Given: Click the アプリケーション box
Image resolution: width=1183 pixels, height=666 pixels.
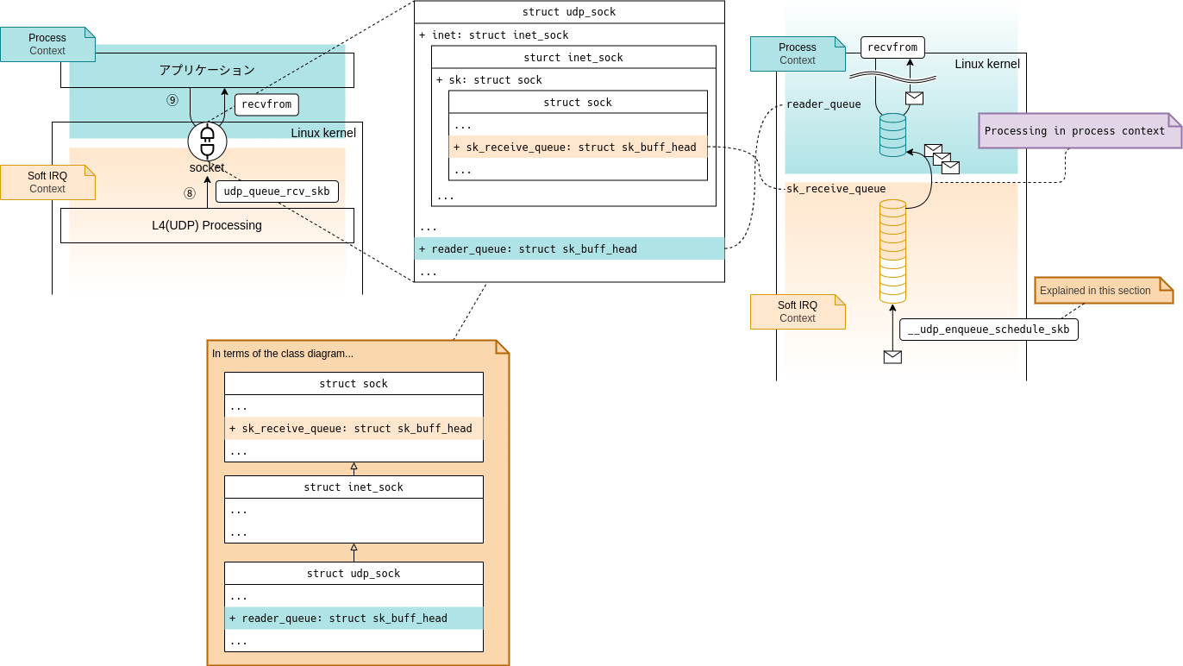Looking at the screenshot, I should click(x=207, y=70).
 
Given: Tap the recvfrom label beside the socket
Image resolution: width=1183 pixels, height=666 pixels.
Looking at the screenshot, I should click(x=266, y=105).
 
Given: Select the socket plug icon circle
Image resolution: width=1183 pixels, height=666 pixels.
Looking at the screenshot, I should click(x=207, y=141).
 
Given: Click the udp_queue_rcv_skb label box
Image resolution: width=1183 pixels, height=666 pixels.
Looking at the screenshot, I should click(x=277, y=192).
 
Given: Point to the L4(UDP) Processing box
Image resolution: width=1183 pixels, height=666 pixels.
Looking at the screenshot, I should click(x=207, y=225).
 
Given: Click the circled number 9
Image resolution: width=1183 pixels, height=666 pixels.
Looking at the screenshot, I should click(x=172, y=100).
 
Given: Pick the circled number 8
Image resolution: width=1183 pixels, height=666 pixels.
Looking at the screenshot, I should click(x=190, y=193).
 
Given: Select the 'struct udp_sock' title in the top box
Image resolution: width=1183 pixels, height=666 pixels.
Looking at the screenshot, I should click(x=569, y=12).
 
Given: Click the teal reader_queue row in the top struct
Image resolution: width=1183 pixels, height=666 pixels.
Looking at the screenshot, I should click(x=569, y=249).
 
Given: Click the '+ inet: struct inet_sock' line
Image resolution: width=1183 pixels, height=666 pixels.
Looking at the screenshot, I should click(x=494, y=35).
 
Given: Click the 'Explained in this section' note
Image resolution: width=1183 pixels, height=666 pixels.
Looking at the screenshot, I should click(x=1103, y=291).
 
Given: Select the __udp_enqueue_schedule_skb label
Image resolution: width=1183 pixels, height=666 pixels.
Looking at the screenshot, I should click(x=988, y=330).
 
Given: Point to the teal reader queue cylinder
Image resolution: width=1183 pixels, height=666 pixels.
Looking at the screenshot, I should click(x=892, y=135).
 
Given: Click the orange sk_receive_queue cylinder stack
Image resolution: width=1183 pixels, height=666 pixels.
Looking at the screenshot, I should click(x=892, y=251).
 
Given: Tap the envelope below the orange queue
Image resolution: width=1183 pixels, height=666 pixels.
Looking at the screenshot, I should click(x=892, y=357).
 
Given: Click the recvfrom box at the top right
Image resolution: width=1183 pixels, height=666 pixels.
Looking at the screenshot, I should click(x=892, y=47).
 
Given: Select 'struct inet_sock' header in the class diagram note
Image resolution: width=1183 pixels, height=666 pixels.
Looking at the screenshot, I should click(x=354, y=487).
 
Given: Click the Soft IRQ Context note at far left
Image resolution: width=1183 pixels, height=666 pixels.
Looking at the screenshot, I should click(x=47, y=182).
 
